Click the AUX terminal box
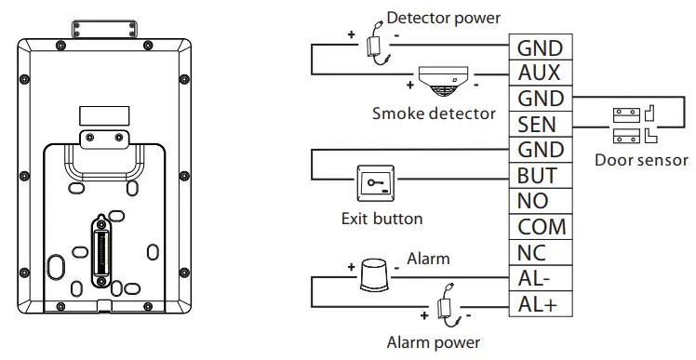pos(540,73)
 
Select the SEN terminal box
pos(540,125)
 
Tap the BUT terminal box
pos(540,176)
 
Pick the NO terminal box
pos(540,201)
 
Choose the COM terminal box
pos(540,227)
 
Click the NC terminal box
pos(540,252)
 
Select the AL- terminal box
pos(540,277)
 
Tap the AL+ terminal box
pos(540,303)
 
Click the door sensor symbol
pos(636,124)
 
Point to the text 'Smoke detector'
pos(421,113)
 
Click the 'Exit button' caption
pos(381,220)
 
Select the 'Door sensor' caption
pos(641,160)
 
